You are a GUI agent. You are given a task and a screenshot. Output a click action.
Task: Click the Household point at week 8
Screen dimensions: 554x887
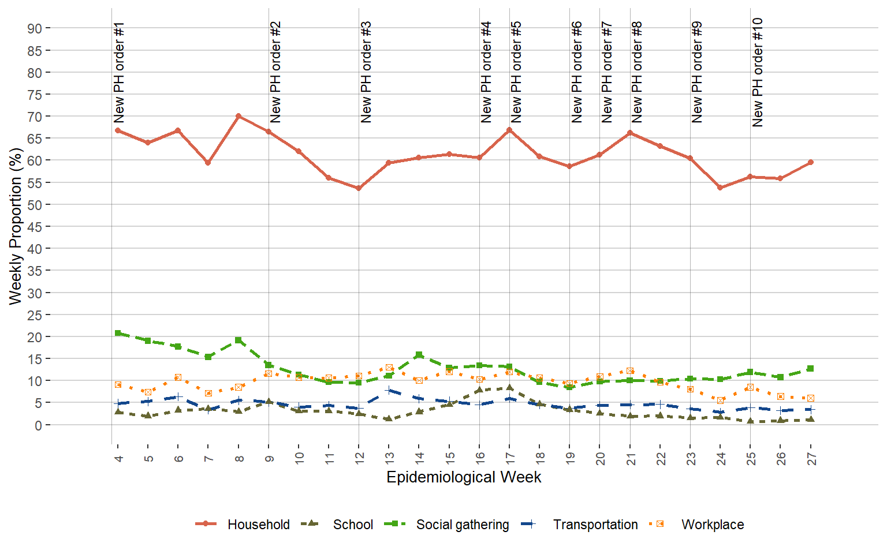pos(238,116)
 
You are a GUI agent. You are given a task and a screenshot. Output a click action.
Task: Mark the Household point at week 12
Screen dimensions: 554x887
pos(359,188)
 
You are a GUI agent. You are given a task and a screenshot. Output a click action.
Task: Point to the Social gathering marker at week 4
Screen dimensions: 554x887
pos(118,333)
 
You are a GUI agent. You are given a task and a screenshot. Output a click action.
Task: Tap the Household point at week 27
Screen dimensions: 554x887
pos(811,162)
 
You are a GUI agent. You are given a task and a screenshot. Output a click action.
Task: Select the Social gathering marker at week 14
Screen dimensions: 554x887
pos(419,355)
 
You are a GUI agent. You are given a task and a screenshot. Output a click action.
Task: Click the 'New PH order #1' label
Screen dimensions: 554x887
pos(119,73)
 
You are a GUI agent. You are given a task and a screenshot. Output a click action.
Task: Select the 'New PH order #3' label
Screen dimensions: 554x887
pos(366,73)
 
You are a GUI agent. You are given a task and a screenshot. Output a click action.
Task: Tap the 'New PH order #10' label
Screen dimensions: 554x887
pos(758,72)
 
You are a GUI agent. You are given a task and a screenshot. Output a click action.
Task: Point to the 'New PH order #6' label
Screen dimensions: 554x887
pos(576,73)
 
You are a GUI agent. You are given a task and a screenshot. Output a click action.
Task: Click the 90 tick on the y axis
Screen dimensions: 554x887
pos(34,28)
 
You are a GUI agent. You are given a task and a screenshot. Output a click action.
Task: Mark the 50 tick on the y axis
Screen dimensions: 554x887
pos(34,205)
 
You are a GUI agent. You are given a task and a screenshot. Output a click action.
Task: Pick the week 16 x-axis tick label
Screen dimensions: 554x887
pos(480,459)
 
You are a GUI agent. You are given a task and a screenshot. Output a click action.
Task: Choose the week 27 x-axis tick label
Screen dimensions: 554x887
pos(811,459)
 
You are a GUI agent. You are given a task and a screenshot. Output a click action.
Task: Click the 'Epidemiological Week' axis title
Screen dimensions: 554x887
pos(464,477)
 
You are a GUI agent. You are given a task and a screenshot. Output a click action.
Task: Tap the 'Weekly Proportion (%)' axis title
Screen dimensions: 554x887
pos(16,226)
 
